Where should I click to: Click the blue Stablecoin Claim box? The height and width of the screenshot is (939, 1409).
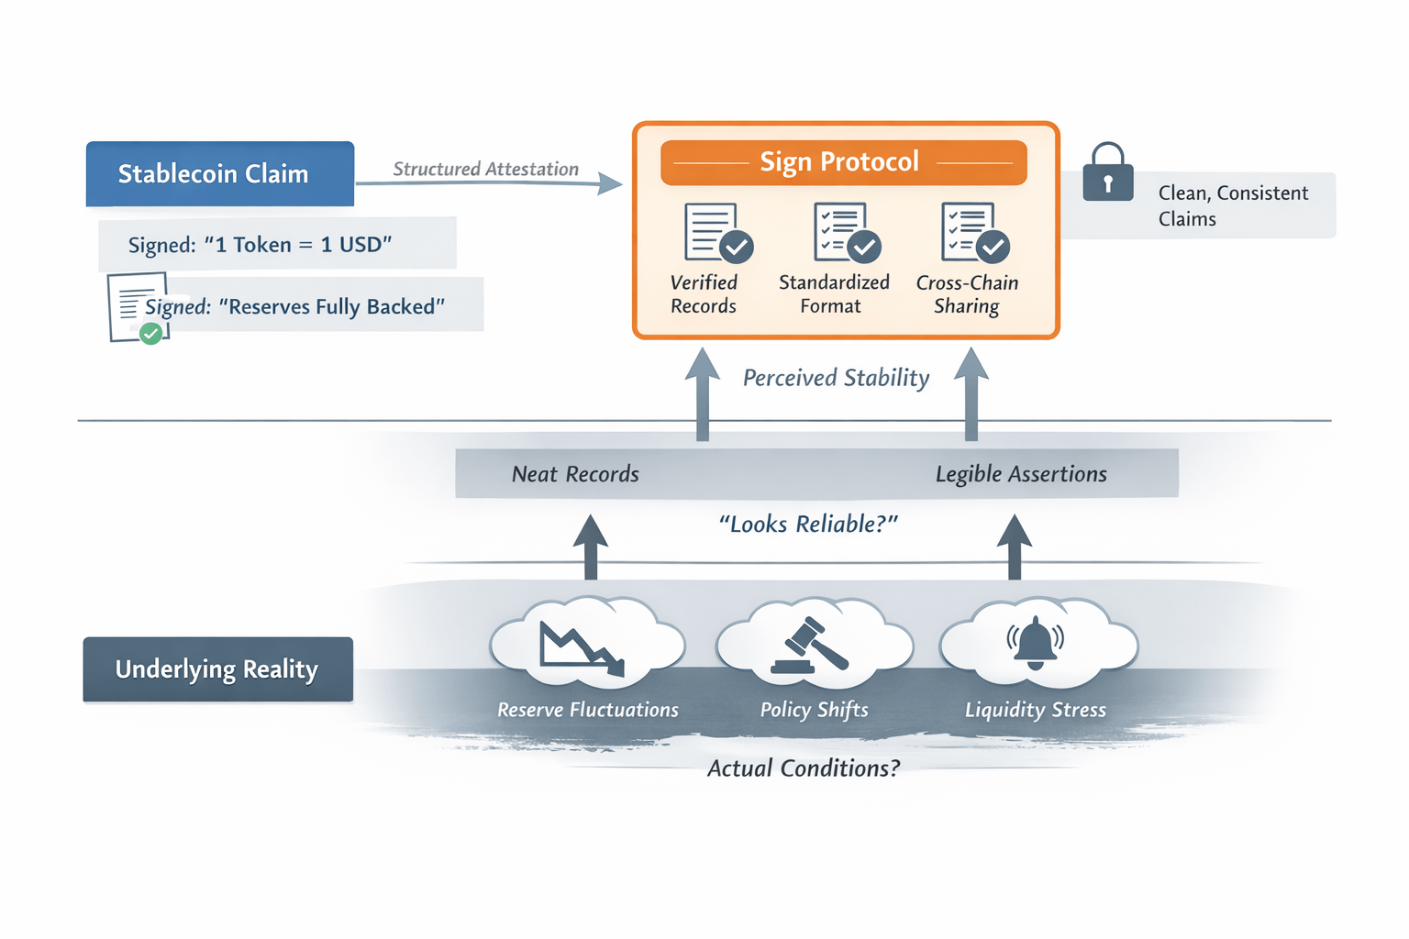tap(220, 173)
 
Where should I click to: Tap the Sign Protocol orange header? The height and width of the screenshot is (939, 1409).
tap(843, 162)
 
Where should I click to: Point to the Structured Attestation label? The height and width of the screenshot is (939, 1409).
tap(485, 169)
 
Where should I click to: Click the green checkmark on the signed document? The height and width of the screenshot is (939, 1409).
tap(151, 334)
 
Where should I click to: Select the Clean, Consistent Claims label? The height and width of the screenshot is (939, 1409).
tap(1232, 205)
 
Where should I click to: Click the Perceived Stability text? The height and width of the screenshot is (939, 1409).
tap(836, 378)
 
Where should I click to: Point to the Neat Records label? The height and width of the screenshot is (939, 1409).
tap(575, 474)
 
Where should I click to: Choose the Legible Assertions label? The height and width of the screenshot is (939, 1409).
tap(1021, 474)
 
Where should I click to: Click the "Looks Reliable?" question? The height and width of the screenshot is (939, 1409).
tap(808, 524)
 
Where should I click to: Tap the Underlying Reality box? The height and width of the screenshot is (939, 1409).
tap(217, 669)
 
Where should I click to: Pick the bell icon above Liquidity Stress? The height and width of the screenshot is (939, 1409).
tap(1036, 643)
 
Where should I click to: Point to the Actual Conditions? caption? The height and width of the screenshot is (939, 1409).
tap(804, 768)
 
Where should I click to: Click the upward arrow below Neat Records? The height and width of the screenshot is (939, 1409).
tap(591, 547)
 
